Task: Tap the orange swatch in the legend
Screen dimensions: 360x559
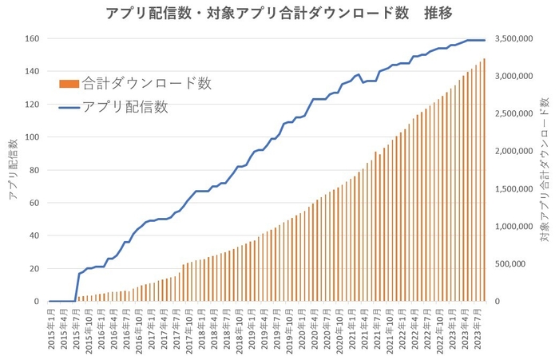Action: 69,83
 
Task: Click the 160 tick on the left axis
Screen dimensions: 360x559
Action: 31,38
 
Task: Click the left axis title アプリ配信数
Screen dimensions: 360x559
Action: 13,169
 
